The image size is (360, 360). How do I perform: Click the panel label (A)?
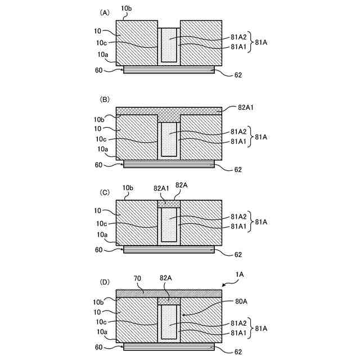pyautogui.click(x=104, y=11)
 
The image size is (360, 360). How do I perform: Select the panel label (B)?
pyautogui.click(x=104, y=99)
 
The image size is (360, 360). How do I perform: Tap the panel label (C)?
pyautogui.click(x=104, y=191)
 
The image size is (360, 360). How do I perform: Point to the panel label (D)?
pyautogui.click(x=104, y=280)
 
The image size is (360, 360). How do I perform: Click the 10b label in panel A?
pyautogui.click(x=127, y=8)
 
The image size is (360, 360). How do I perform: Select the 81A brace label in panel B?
pyautogui.click(x=263, y=137)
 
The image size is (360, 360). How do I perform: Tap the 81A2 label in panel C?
pyautogui.click(x=238, y=217)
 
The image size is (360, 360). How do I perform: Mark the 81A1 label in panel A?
pyautogui.click(x=238, y=47)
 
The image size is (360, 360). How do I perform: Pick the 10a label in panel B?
pyautogui.click(x=103, y=150)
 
